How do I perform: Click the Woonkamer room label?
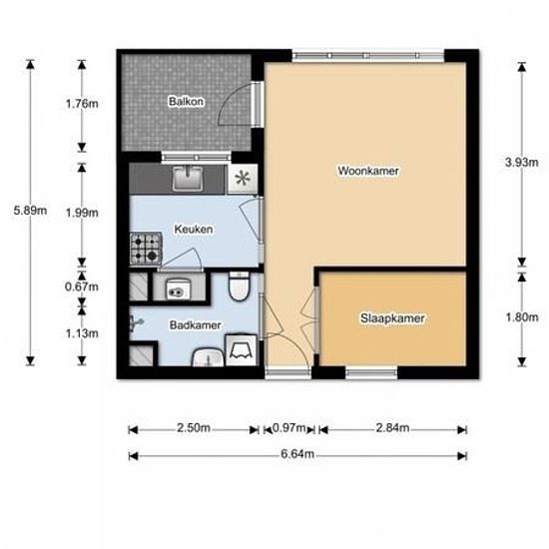tap(368, 171)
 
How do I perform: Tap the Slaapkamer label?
tap(392, 318)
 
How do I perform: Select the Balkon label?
tap(186, 102)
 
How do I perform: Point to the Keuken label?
tap(194, 230)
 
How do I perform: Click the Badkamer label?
tap(196, 325)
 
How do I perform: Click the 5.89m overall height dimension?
tap(30, 211)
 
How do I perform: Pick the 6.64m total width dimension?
tap(297, 454)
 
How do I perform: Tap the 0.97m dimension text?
tap(288, 428)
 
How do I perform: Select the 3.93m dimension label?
tap(522, 163)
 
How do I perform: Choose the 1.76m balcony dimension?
tap(82, 104)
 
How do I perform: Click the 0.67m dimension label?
tap(82, 287)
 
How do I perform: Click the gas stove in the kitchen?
tap(146, 249)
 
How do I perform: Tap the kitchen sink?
tap(188, 179)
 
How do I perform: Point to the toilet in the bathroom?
tap(239, 286)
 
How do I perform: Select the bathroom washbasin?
tap(208, 357)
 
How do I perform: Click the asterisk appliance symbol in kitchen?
tap(243, 179)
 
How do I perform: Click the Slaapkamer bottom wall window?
tap(371, 373)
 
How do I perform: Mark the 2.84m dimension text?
tap(392, 428)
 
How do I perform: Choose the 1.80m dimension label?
tap(522, 317)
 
